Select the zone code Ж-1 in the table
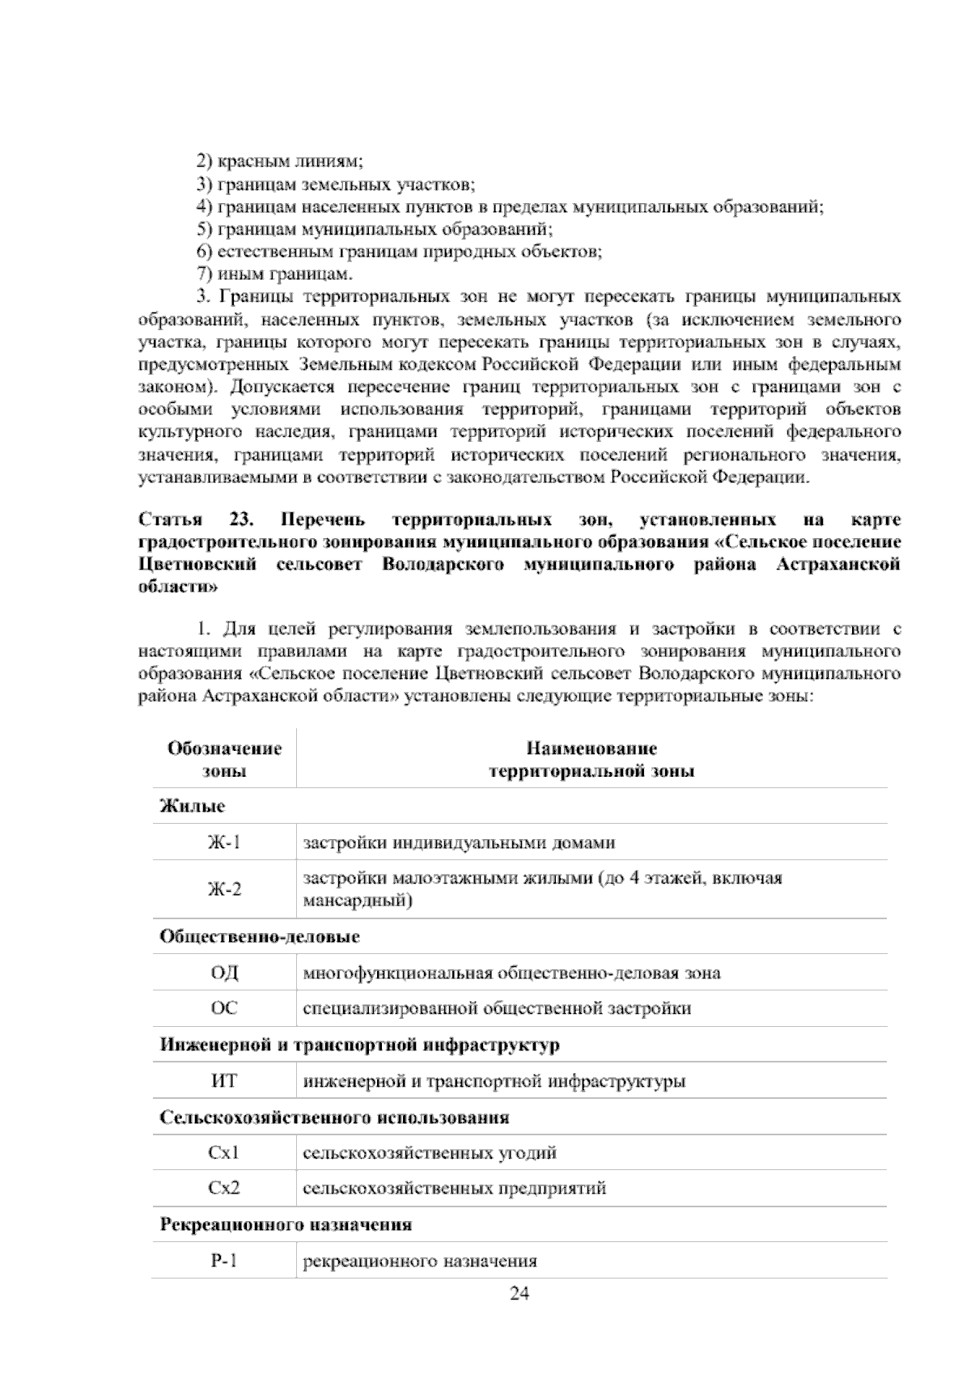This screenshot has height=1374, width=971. tap(224, 843)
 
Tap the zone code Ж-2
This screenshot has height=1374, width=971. tap(224, 889)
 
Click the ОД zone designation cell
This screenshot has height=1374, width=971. tap(224, 973)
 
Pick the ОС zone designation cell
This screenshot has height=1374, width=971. tap(224, 1008)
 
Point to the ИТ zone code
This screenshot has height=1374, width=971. tap(224, 1081)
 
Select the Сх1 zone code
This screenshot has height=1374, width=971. tap(224, 1153)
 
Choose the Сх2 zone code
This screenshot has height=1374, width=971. tap(224, 1189)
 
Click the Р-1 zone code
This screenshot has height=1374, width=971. tap(224, 1261)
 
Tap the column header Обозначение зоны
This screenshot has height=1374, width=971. tap(224, 759)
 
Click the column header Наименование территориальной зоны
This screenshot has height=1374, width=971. tap(592, 759)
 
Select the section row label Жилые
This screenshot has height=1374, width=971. tap(193, 807)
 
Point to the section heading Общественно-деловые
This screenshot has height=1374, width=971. tap(260, 937)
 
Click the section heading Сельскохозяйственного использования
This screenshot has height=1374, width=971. tap(334, 1117)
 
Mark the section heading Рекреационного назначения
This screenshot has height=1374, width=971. tap(286, 1224)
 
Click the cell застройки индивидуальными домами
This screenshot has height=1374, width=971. tap(459, 843)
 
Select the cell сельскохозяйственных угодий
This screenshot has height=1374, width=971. tap(430, 1153)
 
